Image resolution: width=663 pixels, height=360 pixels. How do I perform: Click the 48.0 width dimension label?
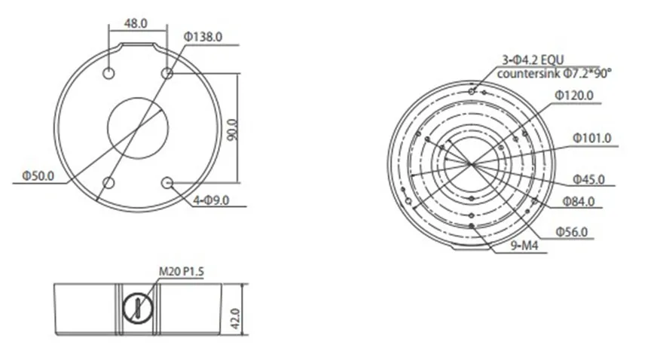136,23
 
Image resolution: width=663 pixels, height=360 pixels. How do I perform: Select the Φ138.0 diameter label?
203,37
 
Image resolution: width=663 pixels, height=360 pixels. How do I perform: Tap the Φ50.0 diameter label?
38,175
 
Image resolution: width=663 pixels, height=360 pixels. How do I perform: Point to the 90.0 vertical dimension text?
232,130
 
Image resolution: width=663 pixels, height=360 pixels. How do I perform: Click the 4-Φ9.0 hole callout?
211,200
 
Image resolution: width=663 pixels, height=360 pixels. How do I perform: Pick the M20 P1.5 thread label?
182,271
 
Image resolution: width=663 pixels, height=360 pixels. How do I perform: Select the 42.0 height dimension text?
235,319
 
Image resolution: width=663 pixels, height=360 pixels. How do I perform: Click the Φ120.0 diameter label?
574,96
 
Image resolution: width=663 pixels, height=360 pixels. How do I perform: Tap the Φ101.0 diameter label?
592,138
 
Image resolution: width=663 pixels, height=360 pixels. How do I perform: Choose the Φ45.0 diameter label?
588,179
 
